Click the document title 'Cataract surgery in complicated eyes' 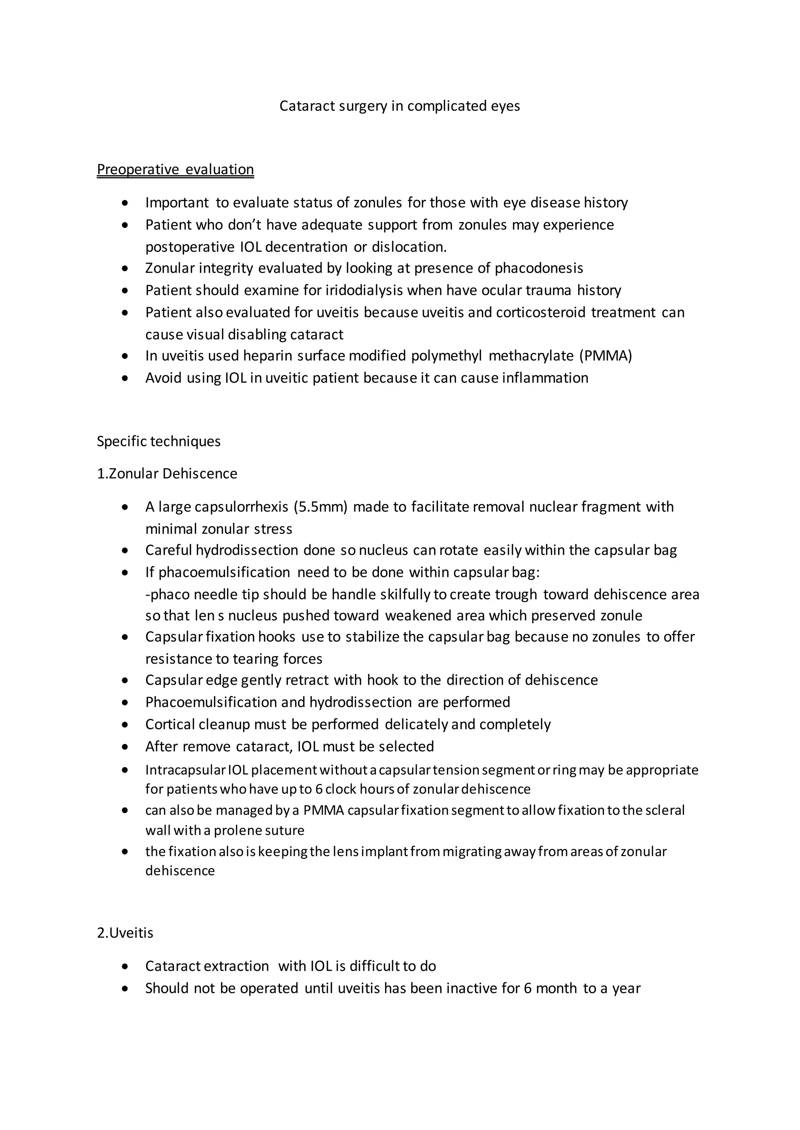400,106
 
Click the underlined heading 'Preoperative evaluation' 175,169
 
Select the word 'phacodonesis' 539,268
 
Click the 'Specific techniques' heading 159,441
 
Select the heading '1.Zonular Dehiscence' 167,473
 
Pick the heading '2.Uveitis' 125,933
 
